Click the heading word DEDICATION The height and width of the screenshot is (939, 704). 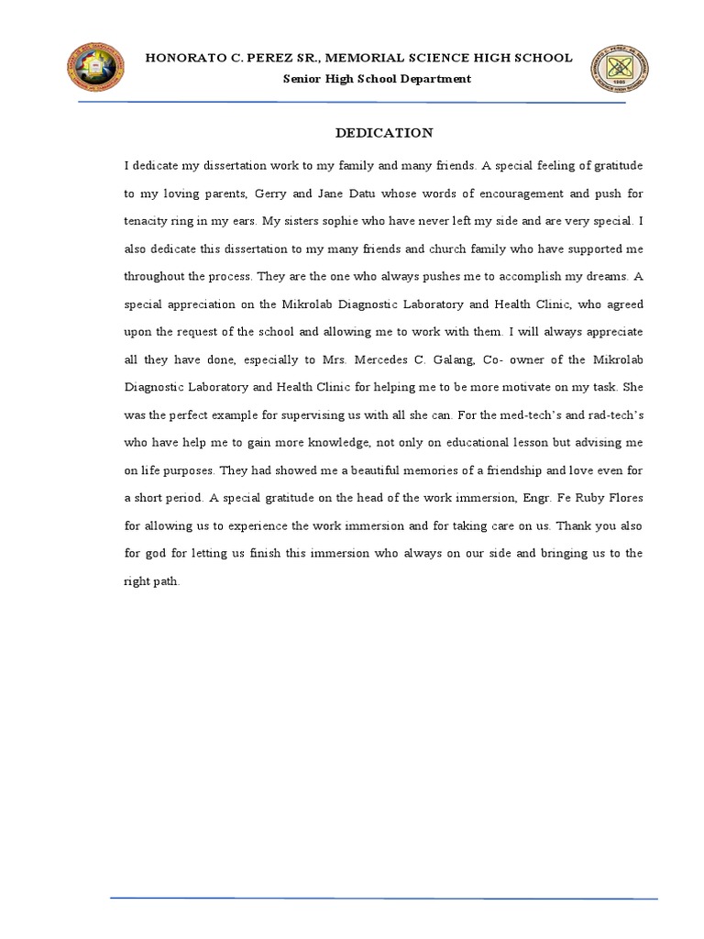(384, 133)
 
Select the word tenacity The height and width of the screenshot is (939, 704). (146, 221)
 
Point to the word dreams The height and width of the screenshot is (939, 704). (601, 275)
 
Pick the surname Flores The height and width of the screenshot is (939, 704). (625, 498)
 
